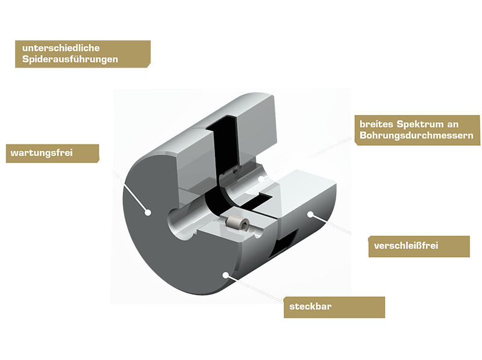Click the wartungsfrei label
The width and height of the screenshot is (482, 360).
click(x=42, y=153)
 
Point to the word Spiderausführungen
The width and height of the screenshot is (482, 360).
click(x=70, y=60)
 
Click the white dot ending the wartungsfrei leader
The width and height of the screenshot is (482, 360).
click(x=146, y=211)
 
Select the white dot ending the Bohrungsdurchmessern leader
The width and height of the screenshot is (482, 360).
click(x=260, y=178)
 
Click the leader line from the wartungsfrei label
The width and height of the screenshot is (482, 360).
click(x=122, y=182)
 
